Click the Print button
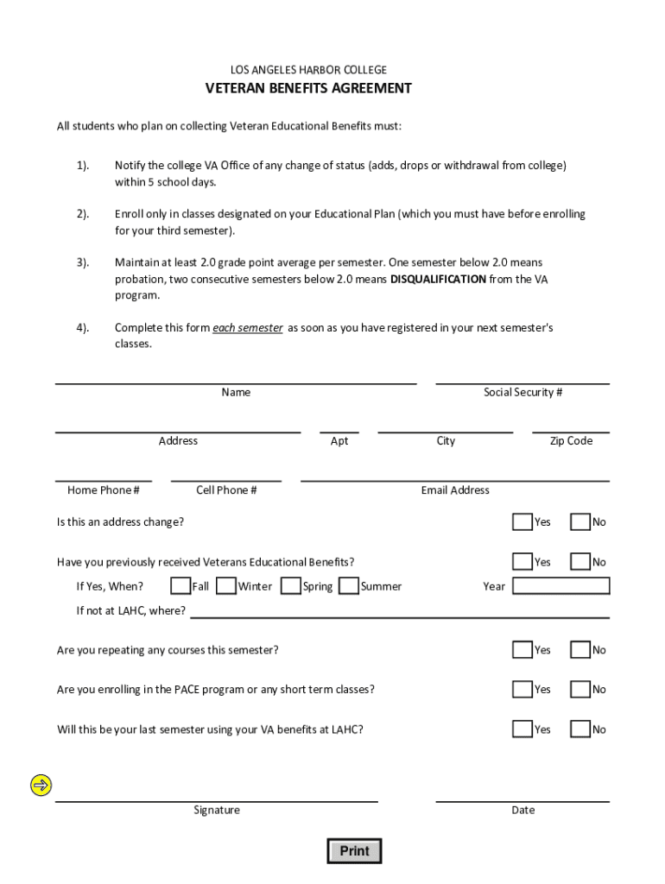point(354,851)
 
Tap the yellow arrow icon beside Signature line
point(41,786)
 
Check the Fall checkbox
point(180,586)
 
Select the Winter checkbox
point(226,586)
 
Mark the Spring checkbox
point(291,586)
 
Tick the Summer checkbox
point(349,586)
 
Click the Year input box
point(561,586)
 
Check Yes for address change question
point(522,521)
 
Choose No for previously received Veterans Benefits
point(580,562)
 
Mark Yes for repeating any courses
point(522,649)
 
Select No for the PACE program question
point(580,689)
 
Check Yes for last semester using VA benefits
point(522,729)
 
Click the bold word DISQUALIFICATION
point(438,279)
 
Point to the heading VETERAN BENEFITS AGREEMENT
point(308,88)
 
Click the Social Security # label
point(522,393)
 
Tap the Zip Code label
point(571,441)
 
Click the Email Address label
point(455,490)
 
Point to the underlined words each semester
point(248,328)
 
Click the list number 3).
point(82,262)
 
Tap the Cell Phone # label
point(226,490)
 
